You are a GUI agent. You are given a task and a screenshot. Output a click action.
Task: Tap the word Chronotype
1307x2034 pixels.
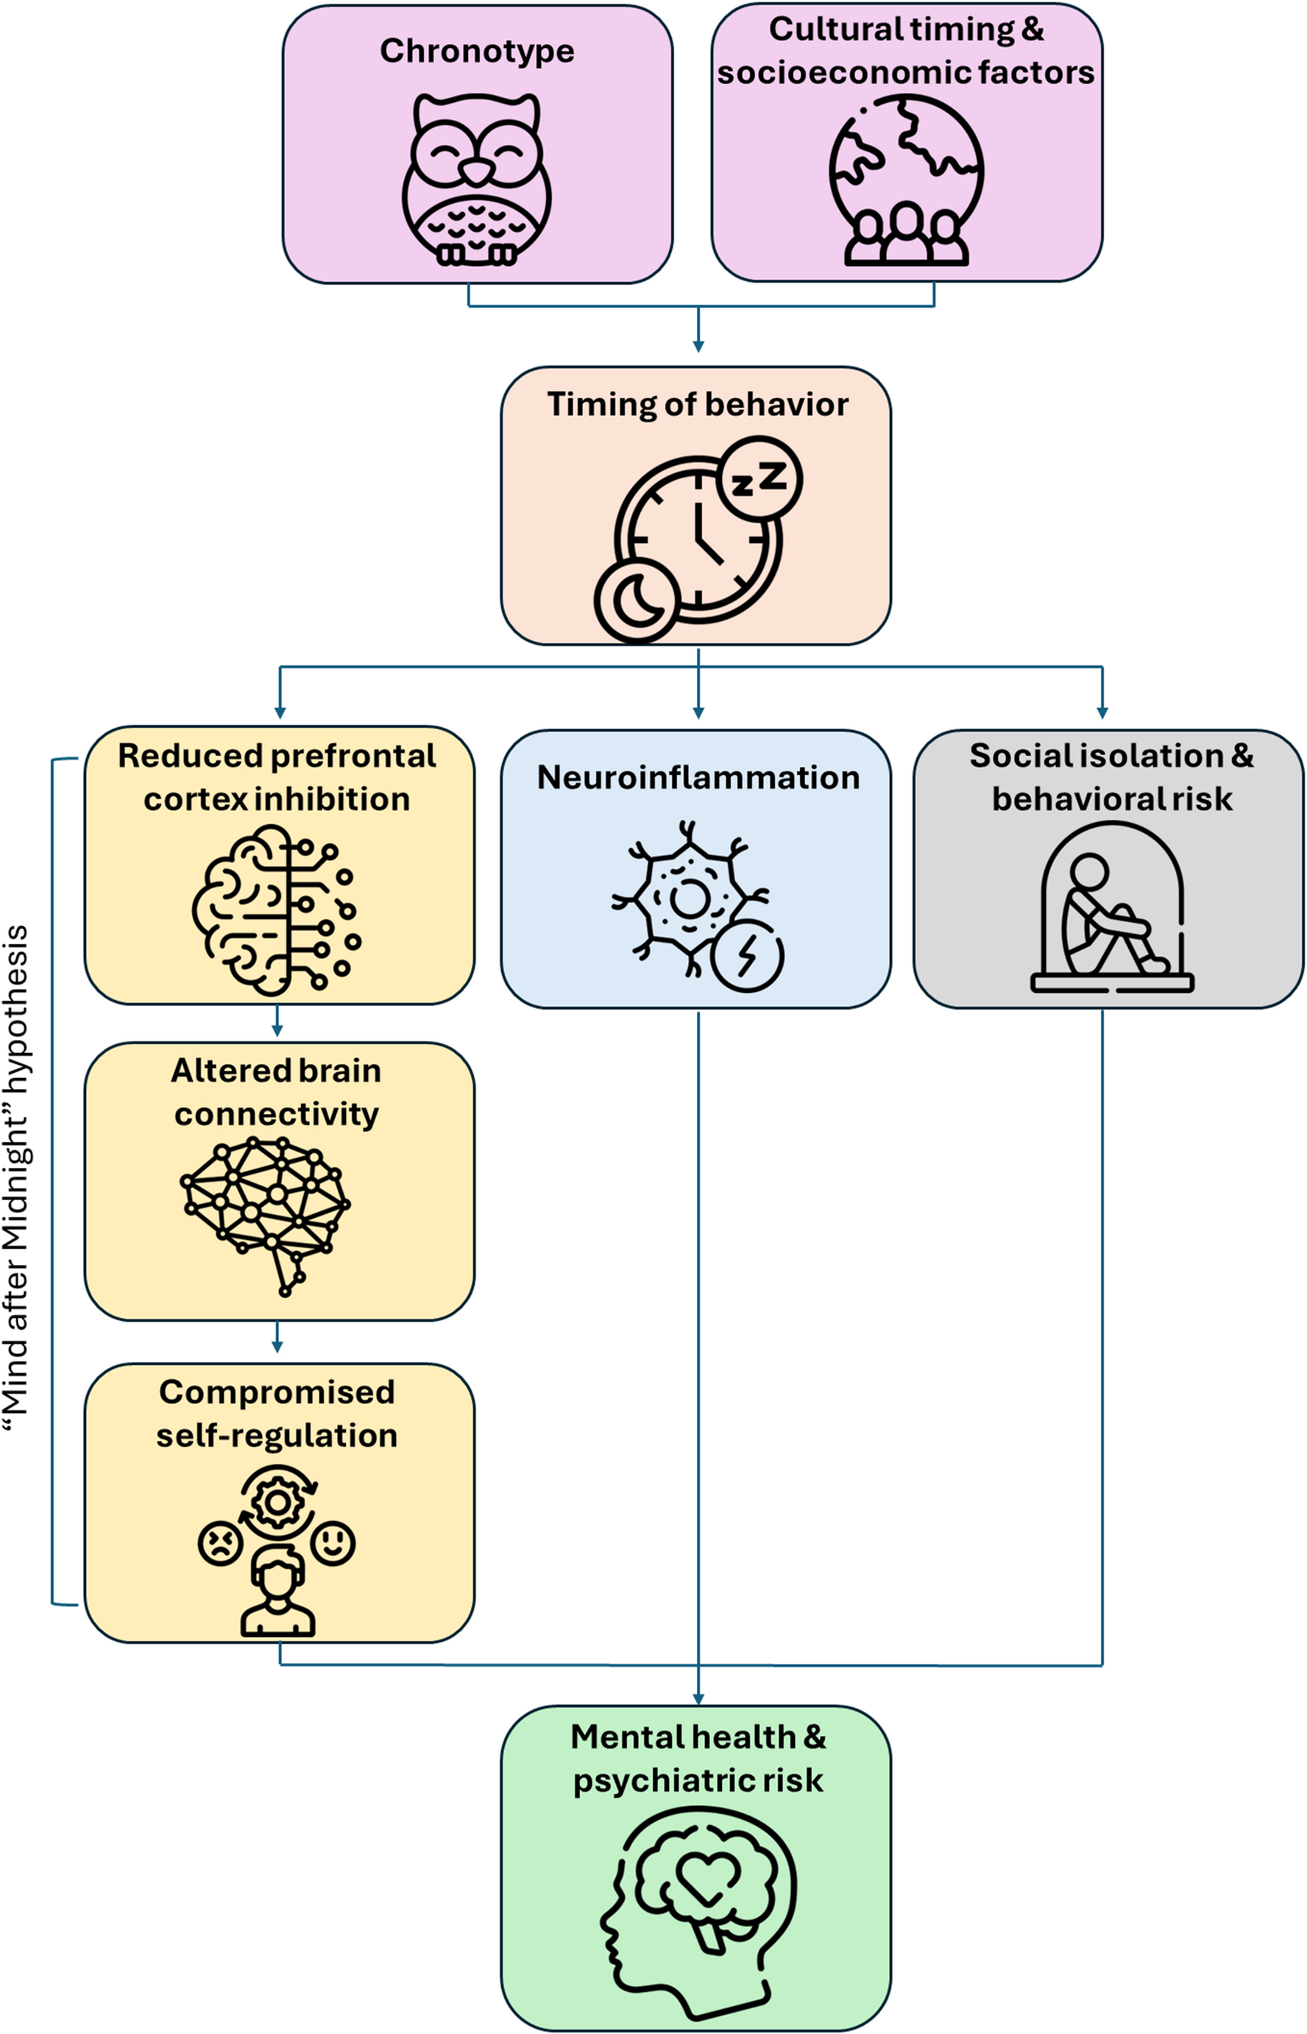pyautogui.click(x=476, y=51)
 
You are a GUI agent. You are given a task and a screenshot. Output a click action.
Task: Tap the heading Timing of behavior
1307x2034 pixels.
pyautogui.click(x=697, y=404)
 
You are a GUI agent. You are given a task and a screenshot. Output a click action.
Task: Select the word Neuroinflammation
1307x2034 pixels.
pyautogui.click(x=698, y=777)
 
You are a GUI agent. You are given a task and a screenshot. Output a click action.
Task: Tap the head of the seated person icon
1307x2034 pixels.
pyautogui.click(x=1089, y=871)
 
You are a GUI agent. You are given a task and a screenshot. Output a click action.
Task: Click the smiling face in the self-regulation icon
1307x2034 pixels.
pyautogui.click(x=333, y=1542)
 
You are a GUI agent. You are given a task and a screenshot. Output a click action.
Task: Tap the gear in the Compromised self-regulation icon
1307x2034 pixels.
pyautogui.click(x=277, y=1503)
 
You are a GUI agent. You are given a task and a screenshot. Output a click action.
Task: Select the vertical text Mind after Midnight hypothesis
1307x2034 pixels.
pyautogui.click(x=17, y=1180)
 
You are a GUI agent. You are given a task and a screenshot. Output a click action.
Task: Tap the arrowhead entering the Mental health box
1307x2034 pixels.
pyautogui.click(x=698, y=1698)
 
